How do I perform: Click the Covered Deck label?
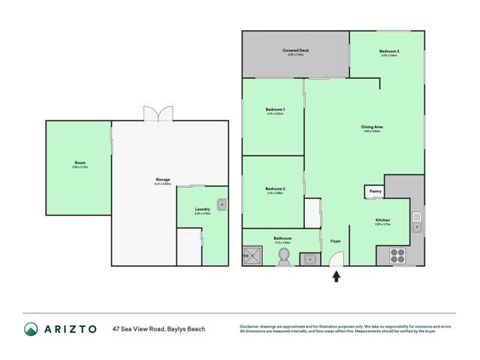pos(296,50)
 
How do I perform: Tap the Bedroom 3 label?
pos(389,50)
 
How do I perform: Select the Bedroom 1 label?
pos(274,110)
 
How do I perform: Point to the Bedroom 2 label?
pos(274,189)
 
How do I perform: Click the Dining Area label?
pos(373,128)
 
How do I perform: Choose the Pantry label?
pos(374,192)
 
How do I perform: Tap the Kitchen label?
pos(382,219)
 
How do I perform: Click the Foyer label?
pos(335,241)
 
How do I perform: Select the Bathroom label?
pos(283,238)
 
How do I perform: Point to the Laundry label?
pos(202,210)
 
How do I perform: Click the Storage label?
pos(163,180)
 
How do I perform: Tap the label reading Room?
pos(80,162)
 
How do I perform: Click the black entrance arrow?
pos(336,277)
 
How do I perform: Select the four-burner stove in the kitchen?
pos(398,256)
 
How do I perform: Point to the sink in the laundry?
pos(221,204)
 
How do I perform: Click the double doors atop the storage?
pos(158,113)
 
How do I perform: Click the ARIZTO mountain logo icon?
pos(31,328)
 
